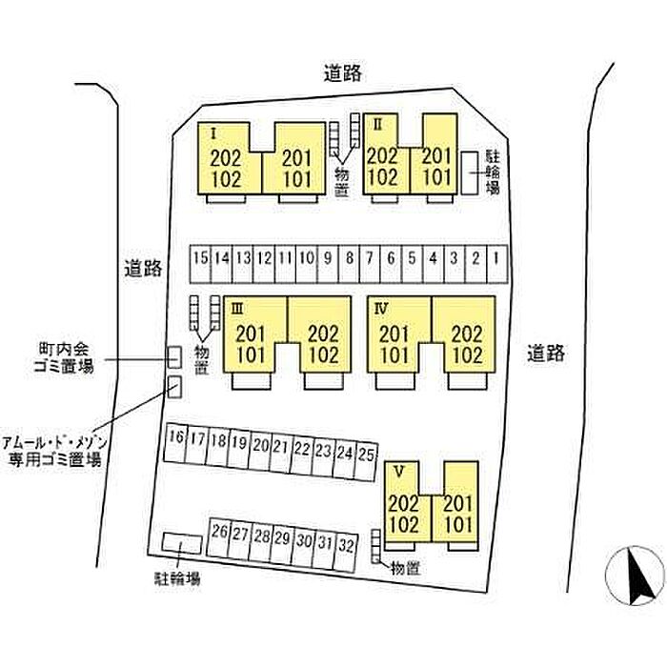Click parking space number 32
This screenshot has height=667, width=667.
click(x=346, y=545)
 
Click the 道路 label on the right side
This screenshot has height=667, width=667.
click(x=546, y=354)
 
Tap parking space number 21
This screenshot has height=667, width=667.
click(x=280, y=445)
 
